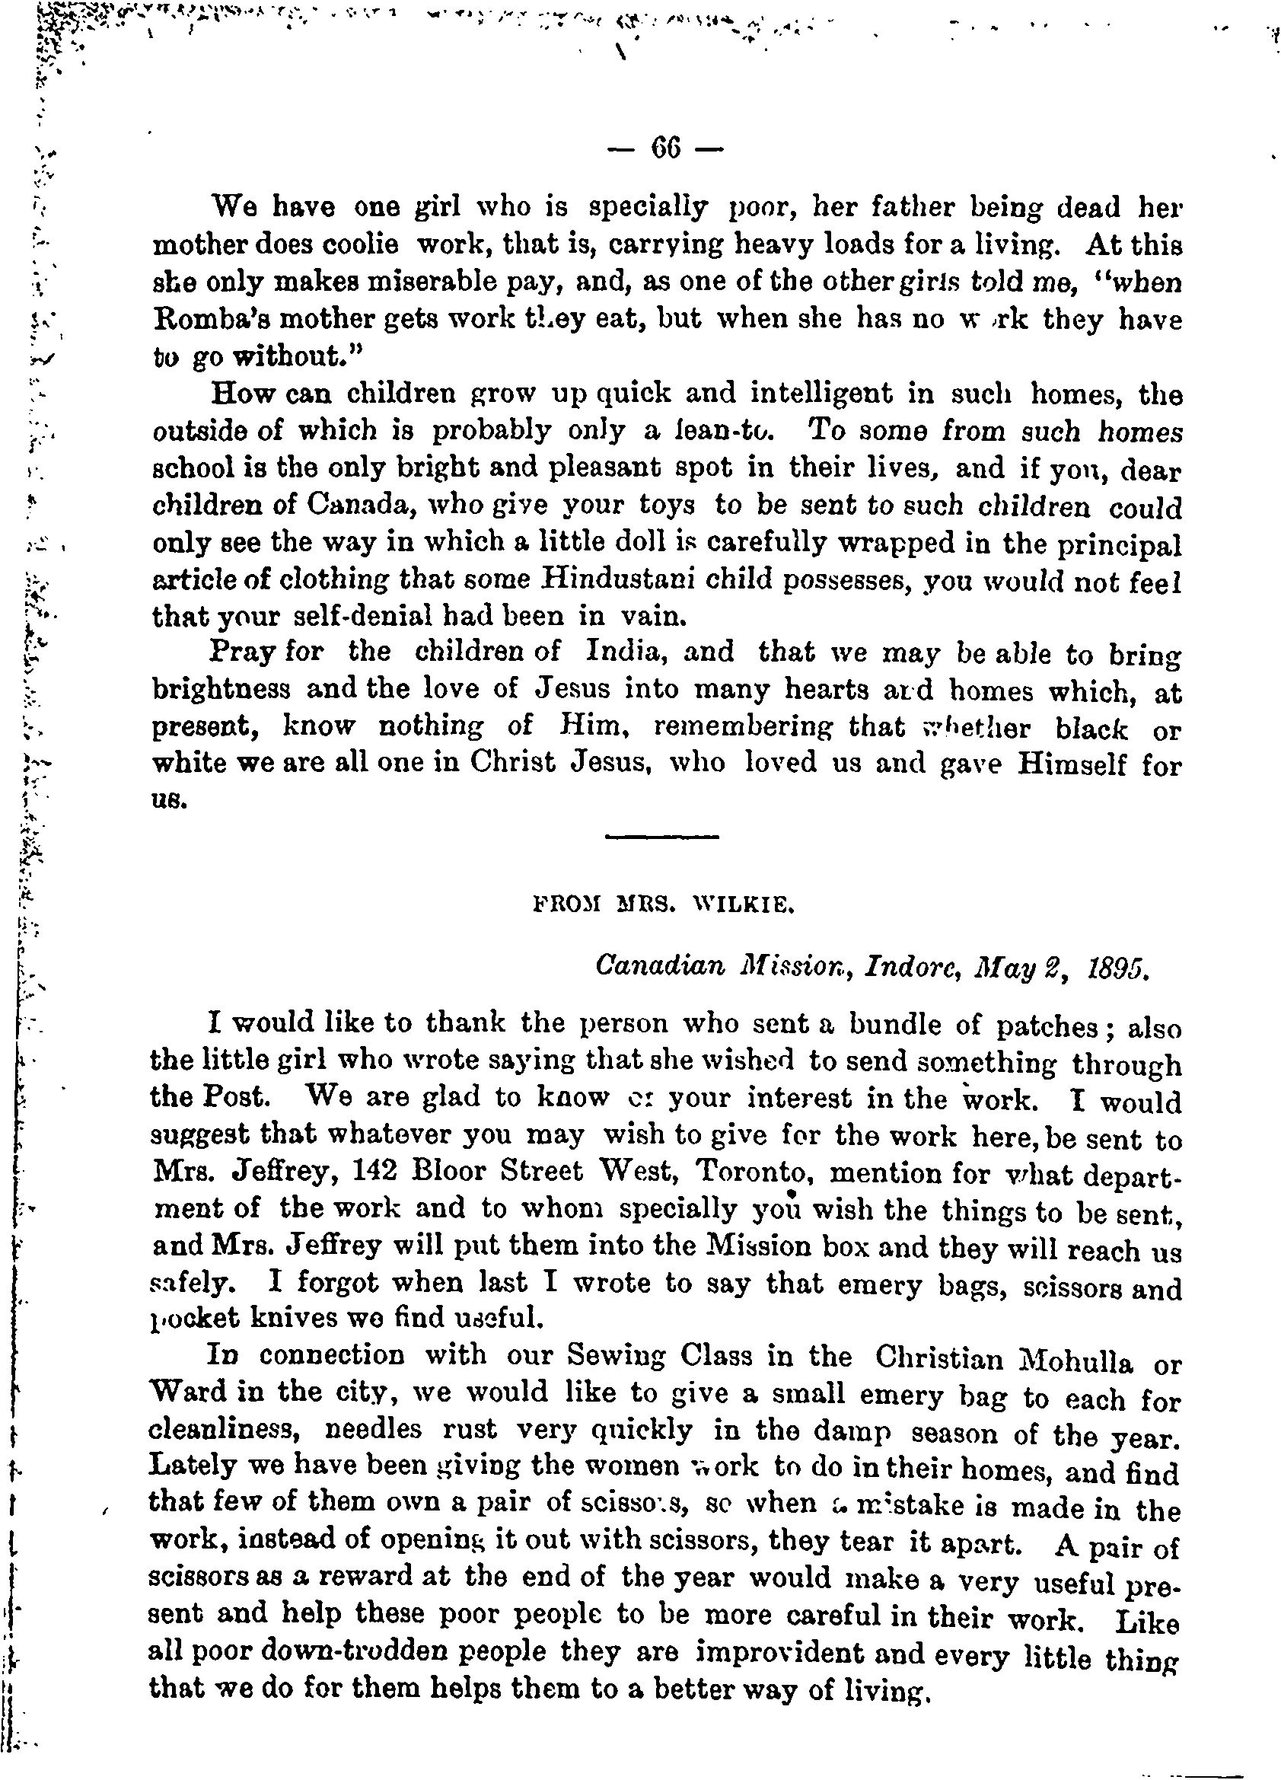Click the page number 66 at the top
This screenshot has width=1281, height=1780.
(x=664, y=148)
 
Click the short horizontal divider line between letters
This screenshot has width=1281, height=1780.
(x=663, y=837)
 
